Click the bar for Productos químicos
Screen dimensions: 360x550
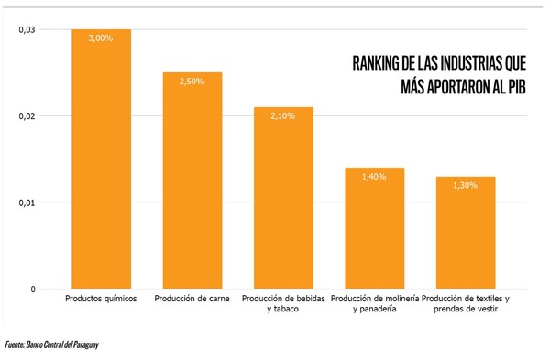point(101,165)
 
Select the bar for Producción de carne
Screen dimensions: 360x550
point(192,183)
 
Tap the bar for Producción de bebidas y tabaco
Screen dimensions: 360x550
point(283,202)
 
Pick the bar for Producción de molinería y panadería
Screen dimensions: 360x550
point(374,229)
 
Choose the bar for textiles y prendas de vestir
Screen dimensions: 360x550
point(465,234)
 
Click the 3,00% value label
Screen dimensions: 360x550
point(101,38)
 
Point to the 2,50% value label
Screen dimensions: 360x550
point(192,82)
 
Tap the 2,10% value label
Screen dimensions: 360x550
point(283,116)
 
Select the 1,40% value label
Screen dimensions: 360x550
point(374,177)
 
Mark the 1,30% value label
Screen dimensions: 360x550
point(465,185)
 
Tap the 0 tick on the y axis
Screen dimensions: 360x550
point(32,289)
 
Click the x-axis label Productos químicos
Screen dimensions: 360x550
point(101,299)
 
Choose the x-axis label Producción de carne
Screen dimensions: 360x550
point(192,299)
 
